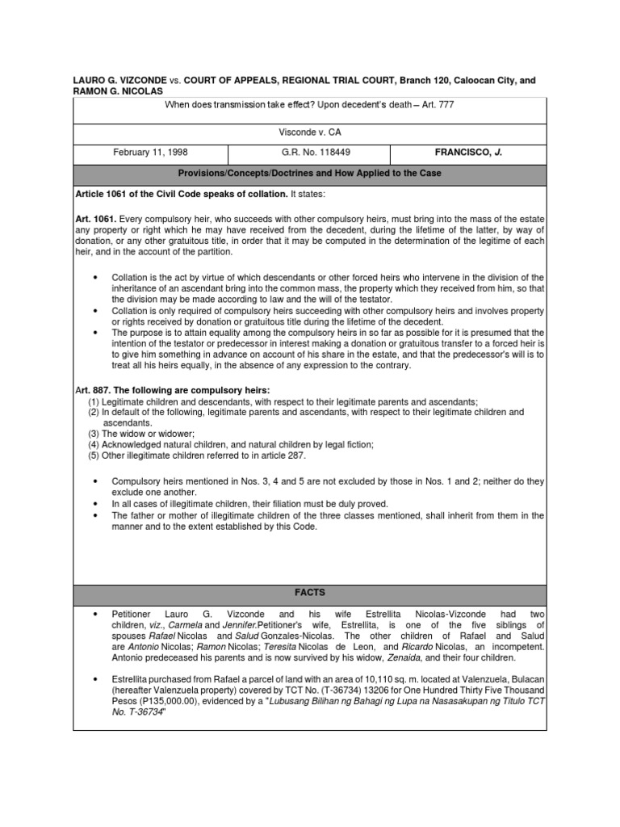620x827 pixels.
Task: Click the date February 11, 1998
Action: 149,151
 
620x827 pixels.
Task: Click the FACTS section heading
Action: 309,592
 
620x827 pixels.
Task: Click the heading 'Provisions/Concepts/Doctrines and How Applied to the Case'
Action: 309,174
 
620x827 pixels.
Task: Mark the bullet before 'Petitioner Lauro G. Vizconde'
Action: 96,614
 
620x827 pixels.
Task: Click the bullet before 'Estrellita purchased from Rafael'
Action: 96,678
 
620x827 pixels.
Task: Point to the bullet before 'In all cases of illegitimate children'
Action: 96,503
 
